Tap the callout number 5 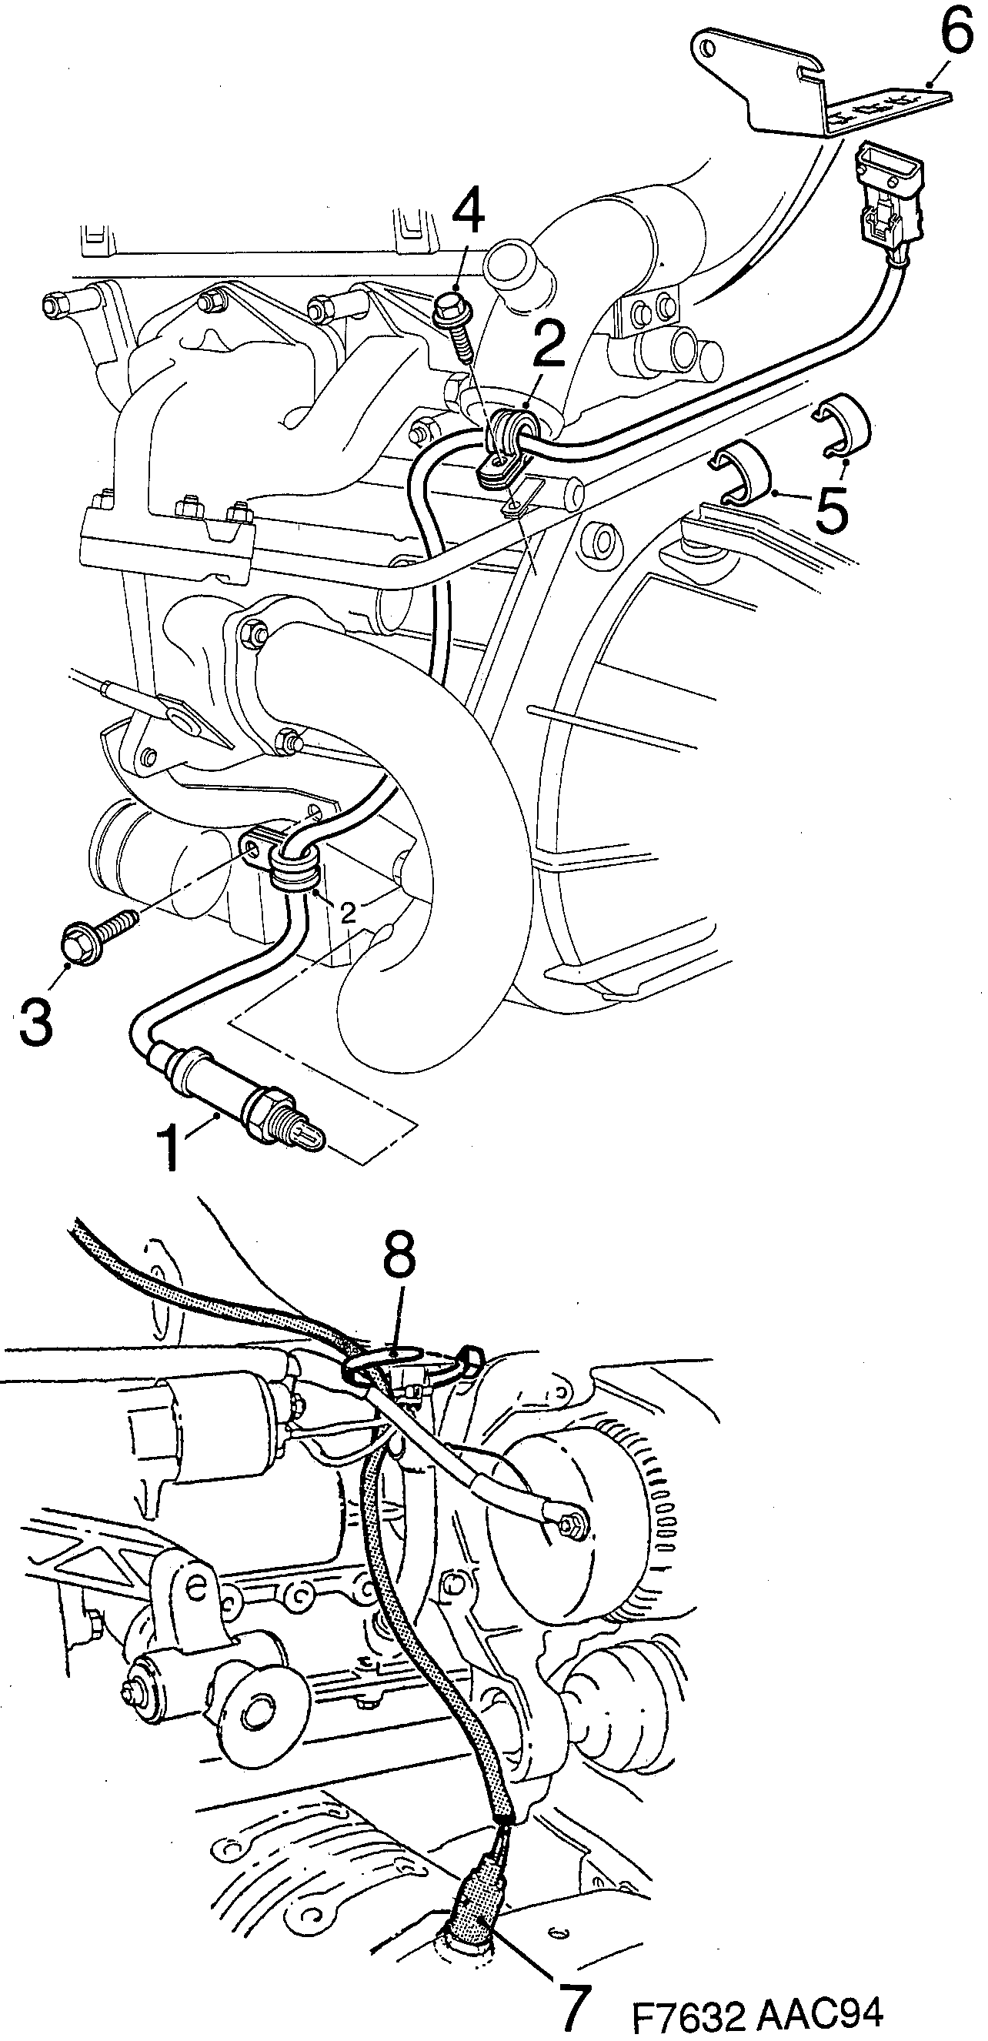point(832,509)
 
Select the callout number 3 point(35,1022)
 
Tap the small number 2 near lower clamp point(348,913)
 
